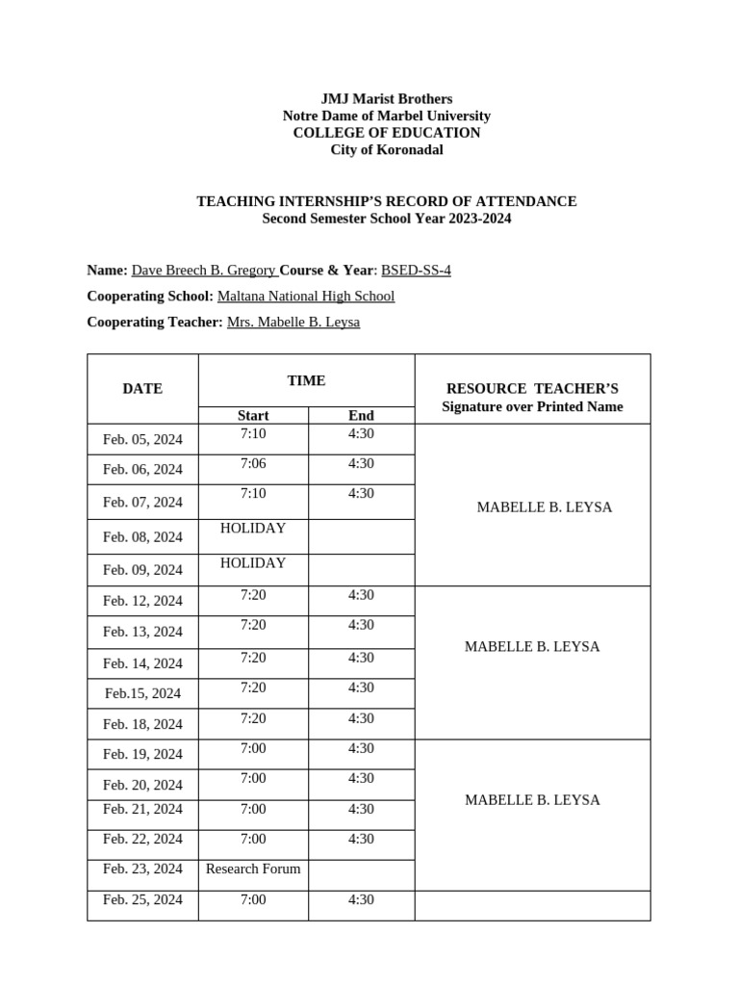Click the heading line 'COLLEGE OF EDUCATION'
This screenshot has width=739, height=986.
(386, 133)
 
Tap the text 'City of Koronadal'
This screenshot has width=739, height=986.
(386, 150)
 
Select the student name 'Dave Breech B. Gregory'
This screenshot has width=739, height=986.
(203, 271)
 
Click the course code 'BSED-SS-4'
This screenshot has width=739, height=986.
(416, 271)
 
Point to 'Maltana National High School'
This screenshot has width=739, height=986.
(305, 297)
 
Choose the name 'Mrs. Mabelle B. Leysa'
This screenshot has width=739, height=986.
(293, 323)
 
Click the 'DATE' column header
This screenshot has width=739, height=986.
(142, 389)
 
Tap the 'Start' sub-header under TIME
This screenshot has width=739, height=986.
(253, 416)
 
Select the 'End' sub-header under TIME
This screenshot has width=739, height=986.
(361, 416)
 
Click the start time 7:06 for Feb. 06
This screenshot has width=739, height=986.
(253, 463)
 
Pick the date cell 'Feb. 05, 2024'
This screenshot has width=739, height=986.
(142, 440)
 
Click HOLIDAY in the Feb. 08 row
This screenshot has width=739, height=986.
(253, 529)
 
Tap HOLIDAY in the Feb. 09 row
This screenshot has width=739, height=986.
(253, 563)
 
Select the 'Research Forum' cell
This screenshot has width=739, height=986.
(253, 869)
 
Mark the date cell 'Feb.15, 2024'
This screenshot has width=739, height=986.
(142, 693)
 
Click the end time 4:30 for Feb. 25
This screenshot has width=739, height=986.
(361, 899)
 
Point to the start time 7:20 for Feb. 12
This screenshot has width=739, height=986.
(253, 595)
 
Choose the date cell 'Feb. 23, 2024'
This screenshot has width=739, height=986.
(142, 869)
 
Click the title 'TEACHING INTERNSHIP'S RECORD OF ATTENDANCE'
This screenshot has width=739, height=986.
(386, 201)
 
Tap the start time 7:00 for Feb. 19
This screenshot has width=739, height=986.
(253, 748)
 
